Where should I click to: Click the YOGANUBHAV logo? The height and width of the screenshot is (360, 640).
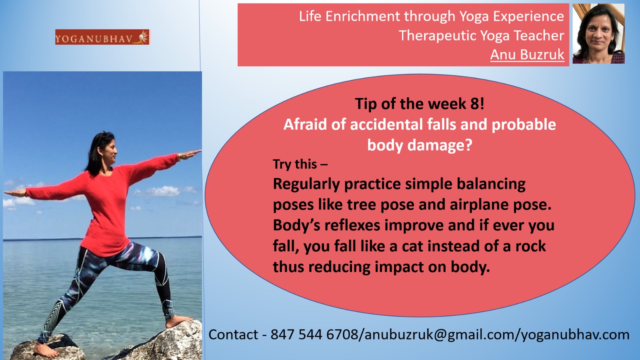[102, 37]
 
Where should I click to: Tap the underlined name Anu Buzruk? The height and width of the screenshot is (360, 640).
[527, 54]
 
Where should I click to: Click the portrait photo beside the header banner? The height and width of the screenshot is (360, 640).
[598, 34]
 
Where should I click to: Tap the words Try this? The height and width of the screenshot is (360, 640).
[295, 164]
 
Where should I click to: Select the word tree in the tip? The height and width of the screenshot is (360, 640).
[361, 205]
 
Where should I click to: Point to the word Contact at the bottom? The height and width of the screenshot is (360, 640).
[233, 334]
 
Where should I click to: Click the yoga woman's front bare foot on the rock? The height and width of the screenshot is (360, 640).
[178, 321]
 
